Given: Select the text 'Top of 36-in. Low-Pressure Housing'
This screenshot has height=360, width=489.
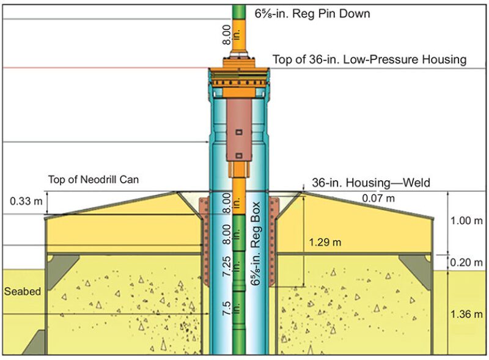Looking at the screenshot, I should click(369, 59).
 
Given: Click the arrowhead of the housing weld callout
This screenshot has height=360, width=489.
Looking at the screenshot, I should click(303, 190).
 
